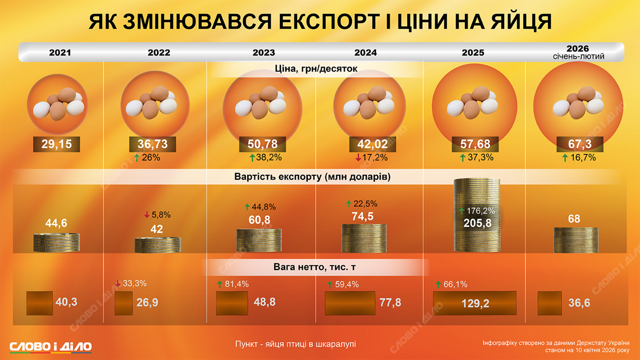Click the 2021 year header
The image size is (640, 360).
click(x=60, y=53)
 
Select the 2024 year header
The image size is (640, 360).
click(x=365, y=53)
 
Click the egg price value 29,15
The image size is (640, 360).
click(x=56, y=144)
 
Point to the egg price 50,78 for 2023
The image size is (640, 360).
click(x=263, y=144)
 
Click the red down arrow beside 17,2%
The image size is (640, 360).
click(x=358, y=158)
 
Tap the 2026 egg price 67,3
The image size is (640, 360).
click(x=579, y=144)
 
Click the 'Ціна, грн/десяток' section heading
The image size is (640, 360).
click(x=316, y=69)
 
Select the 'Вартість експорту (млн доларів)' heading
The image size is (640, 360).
click(x=312, y=176)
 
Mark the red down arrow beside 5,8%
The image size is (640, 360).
click(x=147, y=215)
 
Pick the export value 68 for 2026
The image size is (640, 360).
click(x=574, y=218)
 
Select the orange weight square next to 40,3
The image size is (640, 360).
click(x=39, y=303)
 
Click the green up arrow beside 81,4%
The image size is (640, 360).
click(x=220, y=284)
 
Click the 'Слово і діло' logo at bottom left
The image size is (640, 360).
click(x=51, y=346)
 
